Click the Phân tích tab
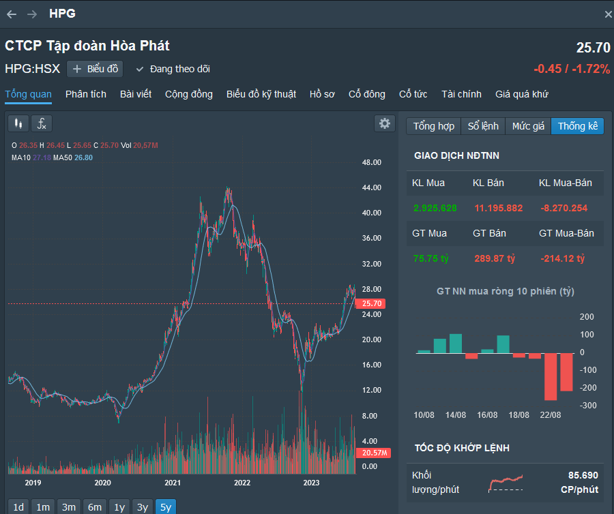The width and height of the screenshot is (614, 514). click(x=86, y=94)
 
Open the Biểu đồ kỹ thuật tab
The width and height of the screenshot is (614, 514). click(x=261, y=94)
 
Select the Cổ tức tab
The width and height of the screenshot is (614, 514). click(x=413, y=94)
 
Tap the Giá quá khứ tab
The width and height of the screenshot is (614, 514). click(x=522, y=94)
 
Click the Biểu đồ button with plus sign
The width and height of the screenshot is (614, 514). click(x=96, y=69)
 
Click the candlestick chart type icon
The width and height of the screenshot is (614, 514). click(x=18, y=123)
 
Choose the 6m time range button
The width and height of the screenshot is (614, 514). click(x=95, y=507)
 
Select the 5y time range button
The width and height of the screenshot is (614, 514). click(x=165, y=507)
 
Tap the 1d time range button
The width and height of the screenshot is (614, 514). click(x=18, y=507)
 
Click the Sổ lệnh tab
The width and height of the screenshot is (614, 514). click(x=483, y=126)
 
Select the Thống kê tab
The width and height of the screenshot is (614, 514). click(x=577, y=126)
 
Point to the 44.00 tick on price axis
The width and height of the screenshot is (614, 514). click(x=371, y=187)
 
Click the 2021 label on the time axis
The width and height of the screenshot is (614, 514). click(x=173, y=483)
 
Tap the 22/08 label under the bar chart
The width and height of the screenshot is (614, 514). click(x=551, y=415)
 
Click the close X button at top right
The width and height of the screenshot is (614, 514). click(x=608, y=14)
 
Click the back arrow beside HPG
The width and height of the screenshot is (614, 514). click(x=12, y=14)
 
